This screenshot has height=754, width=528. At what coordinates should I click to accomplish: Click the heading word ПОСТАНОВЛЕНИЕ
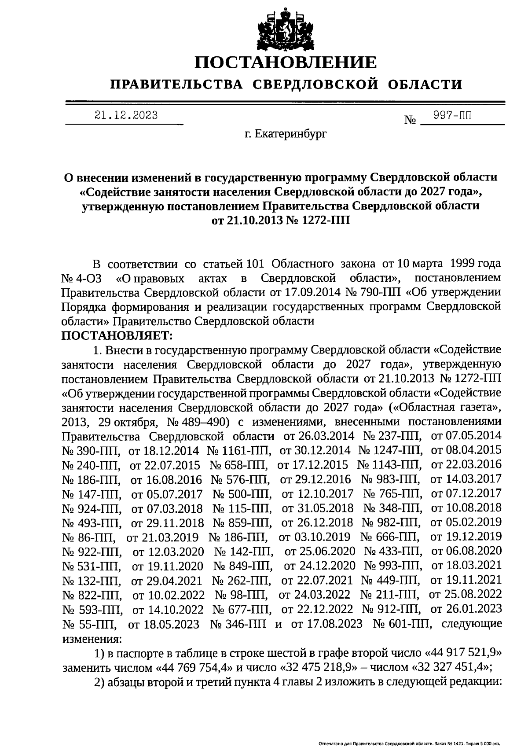[286, 62]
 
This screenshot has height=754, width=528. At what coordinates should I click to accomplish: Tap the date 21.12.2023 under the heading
[126, 115]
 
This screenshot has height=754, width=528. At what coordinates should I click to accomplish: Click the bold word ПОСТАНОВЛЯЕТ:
[117, 335]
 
